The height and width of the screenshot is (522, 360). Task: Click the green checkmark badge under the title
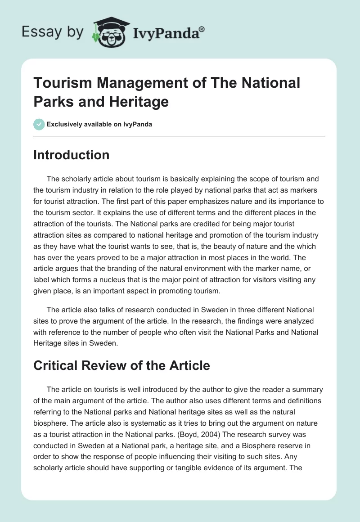click(39, 124)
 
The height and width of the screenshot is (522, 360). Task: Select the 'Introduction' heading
click(72, 155)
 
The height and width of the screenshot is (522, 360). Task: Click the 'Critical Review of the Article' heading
click(121, 365)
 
